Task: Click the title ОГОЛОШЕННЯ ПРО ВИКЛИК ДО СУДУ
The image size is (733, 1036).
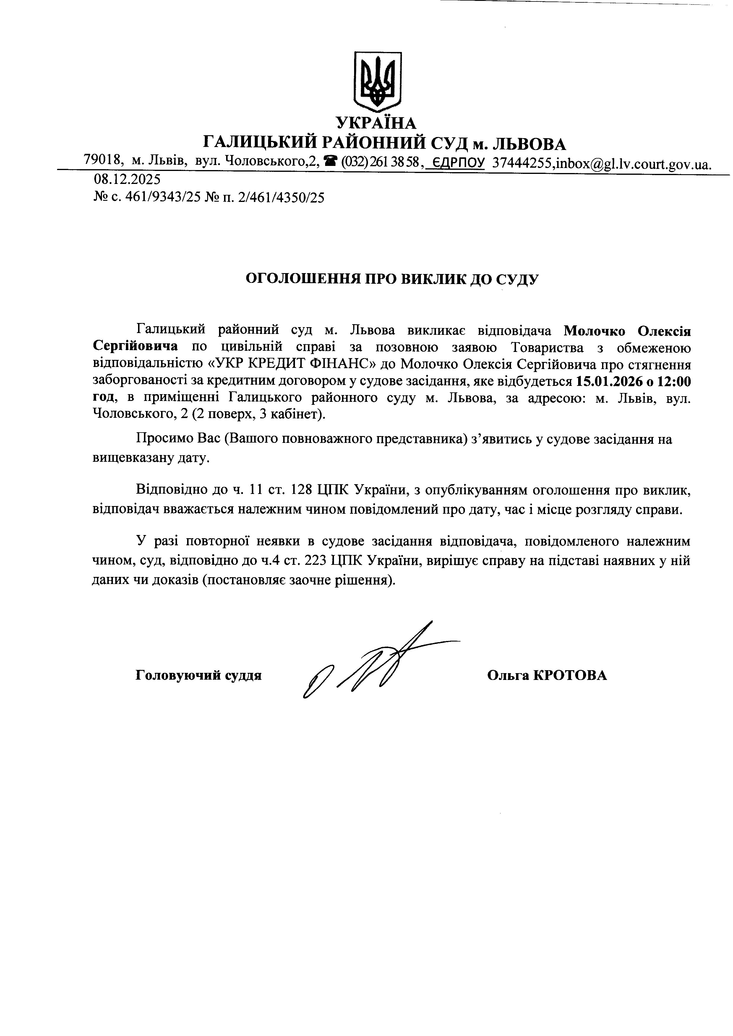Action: coord(392,279)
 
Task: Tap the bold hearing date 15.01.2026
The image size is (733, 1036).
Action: coord(608,382)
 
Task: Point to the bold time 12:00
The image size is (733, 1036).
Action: coord(674,382)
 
